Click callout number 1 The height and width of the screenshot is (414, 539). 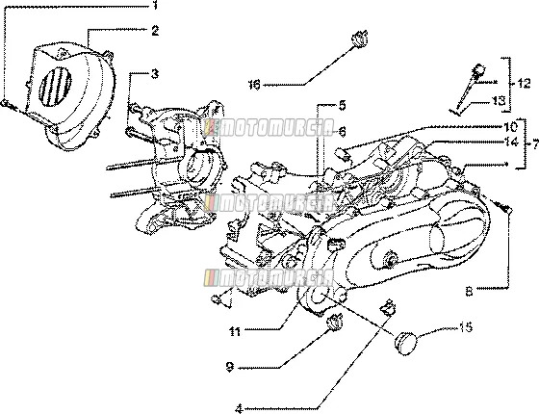[155, 5]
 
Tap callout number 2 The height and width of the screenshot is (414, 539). [155, 31]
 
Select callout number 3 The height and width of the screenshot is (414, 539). [155, 73]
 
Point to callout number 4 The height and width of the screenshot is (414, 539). [240, 409]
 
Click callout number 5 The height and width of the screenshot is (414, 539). [342, 105]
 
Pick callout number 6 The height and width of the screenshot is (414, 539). [342, 131]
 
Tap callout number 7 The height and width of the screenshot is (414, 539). [534, 145]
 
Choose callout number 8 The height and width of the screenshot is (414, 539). [469, 292]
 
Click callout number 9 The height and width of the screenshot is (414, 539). [230, 367]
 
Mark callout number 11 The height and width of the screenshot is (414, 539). [235, 331]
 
